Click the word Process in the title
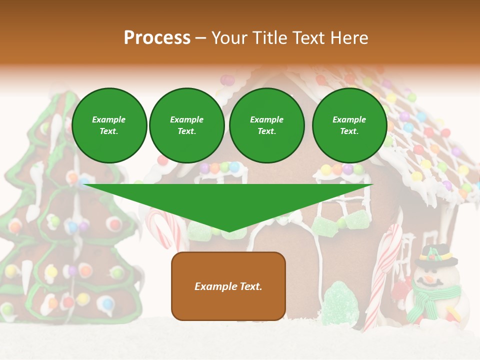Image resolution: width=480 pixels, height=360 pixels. (157, 38)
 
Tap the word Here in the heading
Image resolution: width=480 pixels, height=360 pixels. (348, 38)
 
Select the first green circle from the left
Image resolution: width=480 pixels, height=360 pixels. (109, 125)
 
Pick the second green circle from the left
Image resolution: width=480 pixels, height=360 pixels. (186, 125)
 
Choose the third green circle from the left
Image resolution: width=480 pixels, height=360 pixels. (266, 125)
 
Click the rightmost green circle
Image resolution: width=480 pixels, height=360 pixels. (349, 125)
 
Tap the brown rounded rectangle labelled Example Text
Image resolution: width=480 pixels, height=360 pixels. (228, 286)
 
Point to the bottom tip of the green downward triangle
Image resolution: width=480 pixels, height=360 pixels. (229, 231)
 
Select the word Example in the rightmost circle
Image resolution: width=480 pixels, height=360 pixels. (349, 119)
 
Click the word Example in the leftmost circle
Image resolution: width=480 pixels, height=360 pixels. (109, 119)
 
